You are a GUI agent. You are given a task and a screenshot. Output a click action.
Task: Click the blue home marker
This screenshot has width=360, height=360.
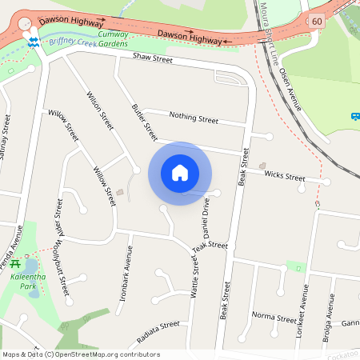180,173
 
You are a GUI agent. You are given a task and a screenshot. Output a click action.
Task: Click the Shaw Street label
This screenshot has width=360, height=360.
152,58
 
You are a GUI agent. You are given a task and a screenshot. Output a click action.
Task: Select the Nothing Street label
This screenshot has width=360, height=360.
194,119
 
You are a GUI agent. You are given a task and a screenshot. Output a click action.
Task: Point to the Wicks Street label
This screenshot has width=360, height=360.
284,175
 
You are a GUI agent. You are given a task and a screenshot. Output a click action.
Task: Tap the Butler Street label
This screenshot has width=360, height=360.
144,121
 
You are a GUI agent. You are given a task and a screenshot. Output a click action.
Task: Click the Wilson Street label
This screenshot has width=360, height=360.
100,110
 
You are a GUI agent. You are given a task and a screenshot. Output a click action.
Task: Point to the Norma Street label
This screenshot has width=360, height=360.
274,316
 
